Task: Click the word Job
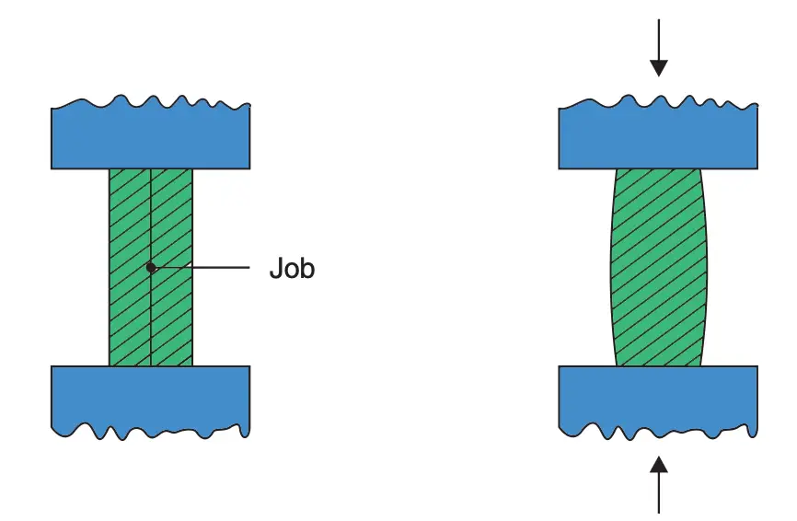pos(292,268)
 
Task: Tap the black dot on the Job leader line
pos(151,267)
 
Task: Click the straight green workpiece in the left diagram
pos(151,267)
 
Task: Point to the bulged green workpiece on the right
pos(659,267)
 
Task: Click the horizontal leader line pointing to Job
pos(201,267)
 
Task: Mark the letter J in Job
pos(275,268)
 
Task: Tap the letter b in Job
pos(308,268)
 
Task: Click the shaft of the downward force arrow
pos(659,41)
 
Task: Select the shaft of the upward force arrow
pos(659,492)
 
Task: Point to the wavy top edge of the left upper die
pos(150,101)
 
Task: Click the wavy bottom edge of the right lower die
pos(658,432)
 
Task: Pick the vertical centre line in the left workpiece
pos(150,267)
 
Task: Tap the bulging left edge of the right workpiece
pos(612,267)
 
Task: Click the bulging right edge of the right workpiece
pos(706,267)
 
